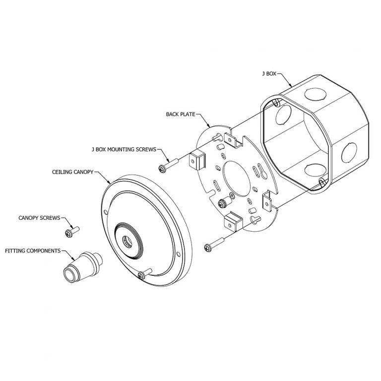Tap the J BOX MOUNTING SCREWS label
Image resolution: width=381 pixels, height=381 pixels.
click(124, 148)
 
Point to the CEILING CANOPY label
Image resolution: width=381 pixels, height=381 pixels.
click(72, 173)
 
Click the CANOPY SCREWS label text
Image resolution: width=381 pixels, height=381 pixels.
click(39, 218)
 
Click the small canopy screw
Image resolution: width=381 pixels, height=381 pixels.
click(71, 231)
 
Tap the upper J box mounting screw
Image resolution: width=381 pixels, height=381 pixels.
click(169, 164)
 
